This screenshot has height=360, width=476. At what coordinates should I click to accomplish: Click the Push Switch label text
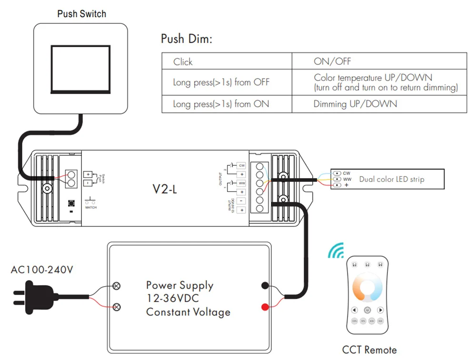[x=81, y=13]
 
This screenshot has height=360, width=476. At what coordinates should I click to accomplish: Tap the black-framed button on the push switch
[x=80, y=68]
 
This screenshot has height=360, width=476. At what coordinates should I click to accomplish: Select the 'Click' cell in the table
[x=183, y=61]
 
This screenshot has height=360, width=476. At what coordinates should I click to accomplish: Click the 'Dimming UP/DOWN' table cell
[x=355, y=104]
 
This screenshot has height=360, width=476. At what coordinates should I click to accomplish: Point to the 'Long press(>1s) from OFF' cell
[x=221, y=82]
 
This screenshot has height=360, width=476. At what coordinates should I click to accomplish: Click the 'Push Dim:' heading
[x=186, y=39]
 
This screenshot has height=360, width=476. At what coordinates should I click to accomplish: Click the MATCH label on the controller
[x=91, y=208]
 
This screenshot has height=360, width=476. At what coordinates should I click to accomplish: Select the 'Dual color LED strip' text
[x=391, y=180]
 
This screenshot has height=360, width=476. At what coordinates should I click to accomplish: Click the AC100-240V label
[x=42, y=270]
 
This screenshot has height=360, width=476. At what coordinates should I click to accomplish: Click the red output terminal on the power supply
[x=264, y=306]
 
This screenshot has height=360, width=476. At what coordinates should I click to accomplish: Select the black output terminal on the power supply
[x=264, y=286]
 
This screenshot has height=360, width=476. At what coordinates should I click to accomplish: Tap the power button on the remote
[x=367, y=310]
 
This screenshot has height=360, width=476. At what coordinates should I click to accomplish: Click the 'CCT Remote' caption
[x=369, y=350]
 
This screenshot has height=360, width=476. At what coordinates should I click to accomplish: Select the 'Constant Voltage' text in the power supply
[x=188, y=312]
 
